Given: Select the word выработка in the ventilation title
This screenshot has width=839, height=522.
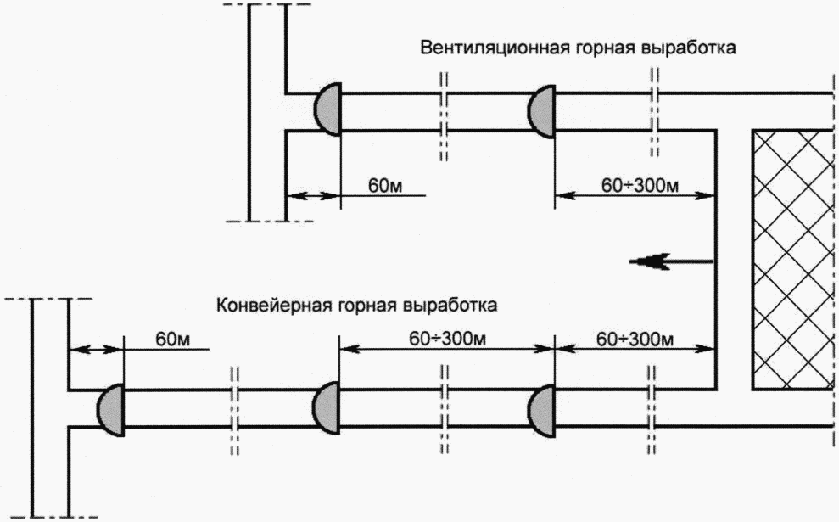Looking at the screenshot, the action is point(688,48).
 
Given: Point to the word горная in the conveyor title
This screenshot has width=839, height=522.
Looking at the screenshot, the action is point(367,306).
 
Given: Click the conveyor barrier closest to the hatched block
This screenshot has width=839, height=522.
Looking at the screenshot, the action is point(542,410).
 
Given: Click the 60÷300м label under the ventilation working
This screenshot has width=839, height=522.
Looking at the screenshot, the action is point(640,185).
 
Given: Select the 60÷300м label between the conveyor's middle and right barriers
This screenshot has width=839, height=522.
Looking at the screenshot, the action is point(447,339).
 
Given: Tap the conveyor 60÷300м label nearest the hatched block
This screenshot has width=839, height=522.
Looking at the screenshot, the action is point(635,339).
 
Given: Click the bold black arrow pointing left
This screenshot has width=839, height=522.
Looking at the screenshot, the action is point(672,261).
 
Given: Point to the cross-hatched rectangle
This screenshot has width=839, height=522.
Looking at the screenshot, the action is point(792,259).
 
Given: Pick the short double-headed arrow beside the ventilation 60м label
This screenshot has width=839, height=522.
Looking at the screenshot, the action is point(314,196).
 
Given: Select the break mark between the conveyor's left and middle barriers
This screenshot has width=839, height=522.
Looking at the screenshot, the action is point(234,411).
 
